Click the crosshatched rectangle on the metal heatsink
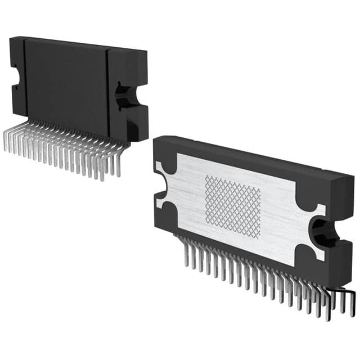click(x=233, y=206)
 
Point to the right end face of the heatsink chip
click(x=343, y=236)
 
